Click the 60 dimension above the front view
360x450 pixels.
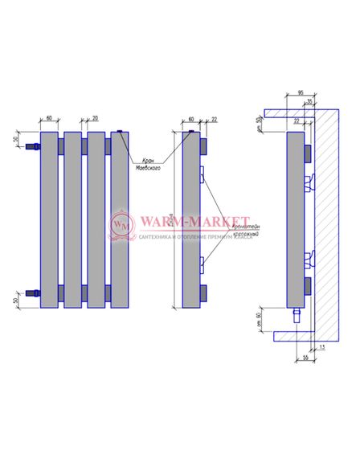point(49,118)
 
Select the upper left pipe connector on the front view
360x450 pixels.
point(33,147)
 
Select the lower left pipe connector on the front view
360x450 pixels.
point(33,292)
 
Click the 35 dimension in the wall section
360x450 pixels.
point(309,102)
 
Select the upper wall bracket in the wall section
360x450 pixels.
point(309,182)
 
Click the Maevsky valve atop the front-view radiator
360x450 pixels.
point(119,131)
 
